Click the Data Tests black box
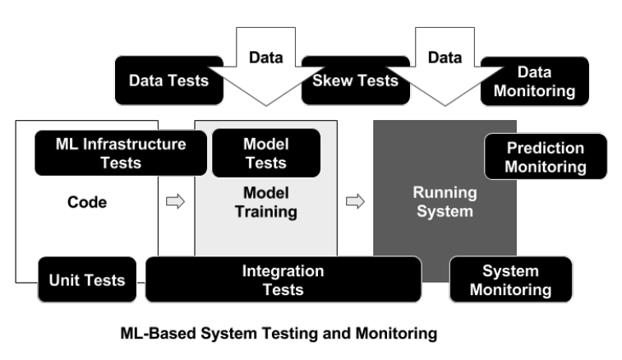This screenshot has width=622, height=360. pos(169,80)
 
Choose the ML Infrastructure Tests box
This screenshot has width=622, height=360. pos(121,153)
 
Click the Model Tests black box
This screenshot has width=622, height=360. pos(265,153)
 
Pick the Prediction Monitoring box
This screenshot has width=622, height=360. pos(545,157)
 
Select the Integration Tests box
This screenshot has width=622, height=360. pos(283,279)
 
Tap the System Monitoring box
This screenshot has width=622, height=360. pos(509,279)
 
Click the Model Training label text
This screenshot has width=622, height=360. pos(265,201)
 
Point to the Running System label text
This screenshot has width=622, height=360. pos(444,202)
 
